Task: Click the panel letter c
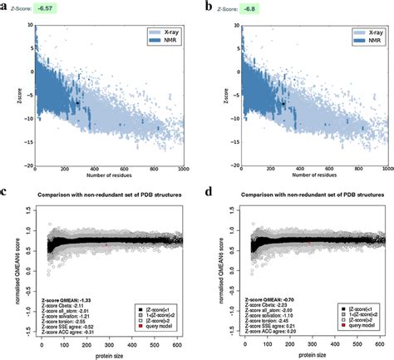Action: point(5,192)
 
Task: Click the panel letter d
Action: point(208,192)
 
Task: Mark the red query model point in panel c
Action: point(106,245)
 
